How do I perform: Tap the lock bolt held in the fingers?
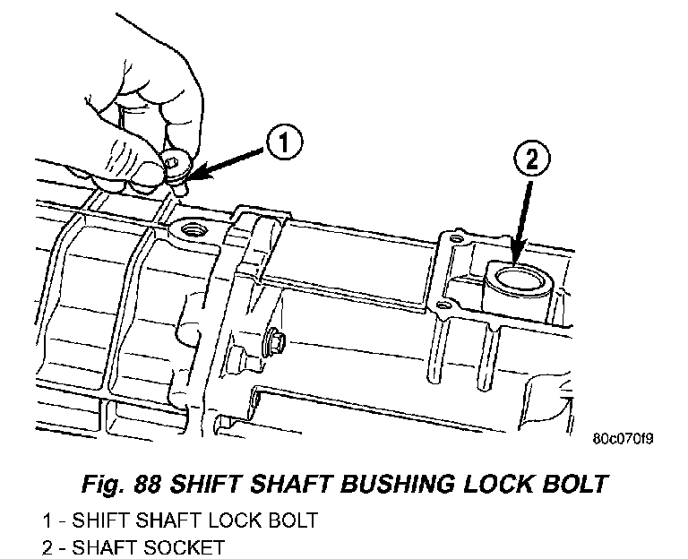pyautogui.click(x=179, y=173)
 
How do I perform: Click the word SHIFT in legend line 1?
pyautogui.click(x=98, y=520)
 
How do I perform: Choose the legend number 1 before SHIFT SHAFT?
pyautogui.click(x=46, y=520)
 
